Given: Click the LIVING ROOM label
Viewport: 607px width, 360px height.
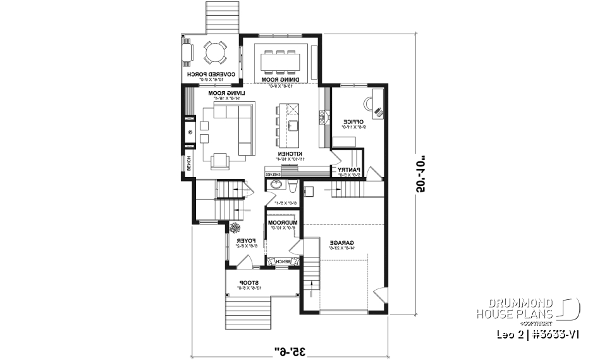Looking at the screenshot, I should point(226,93).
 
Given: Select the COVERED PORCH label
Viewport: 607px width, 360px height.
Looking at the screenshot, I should point(211,75).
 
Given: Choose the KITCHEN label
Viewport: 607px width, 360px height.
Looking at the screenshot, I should point(293,154).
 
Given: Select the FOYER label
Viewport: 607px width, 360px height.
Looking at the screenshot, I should point(245,242).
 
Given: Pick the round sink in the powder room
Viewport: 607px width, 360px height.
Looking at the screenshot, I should point(276,185).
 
